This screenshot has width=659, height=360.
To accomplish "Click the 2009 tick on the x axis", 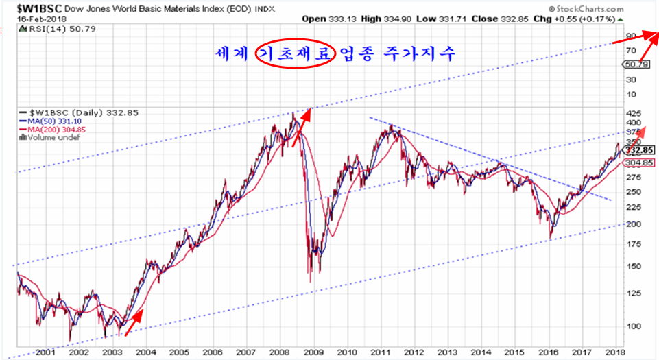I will click(312, 352).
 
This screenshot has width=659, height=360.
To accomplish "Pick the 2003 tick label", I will click(112, 352).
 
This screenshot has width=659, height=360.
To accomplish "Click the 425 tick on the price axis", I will click(635, 114).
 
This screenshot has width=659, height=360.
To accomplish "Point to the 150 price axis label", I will click(635, 266).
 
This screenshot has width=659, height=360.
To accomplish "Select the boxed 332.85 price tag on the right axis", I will click(640, 150).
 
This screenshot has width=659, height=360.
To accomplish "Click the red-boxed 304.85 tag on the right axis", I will click(640, 163).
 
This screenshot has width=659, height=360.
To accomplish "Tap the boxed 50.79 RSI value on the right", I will click(638, 64).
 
